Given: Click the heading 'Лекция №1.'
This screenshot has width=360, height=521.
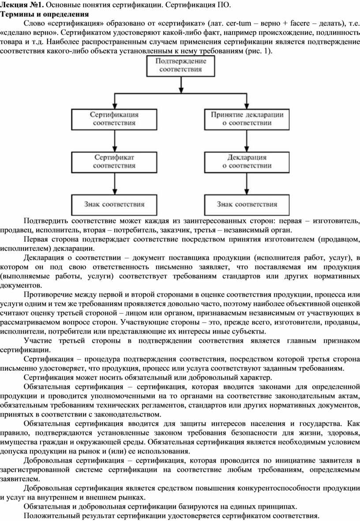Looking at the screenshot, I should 22,5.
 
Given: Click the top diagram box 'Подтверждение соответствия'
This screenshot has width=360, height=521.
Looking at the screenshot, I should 180,66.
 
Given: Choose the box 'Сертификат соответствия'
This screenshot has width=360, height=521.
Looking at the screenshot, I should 114,161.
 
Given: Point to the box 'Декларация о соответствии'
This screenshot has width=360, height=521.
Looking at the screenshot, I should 247,161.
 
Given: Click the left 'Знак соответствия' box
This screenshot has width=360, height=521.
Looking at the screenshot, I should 114,205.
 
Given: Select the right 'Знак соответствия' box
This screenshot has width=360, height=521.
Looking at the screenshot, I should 247,205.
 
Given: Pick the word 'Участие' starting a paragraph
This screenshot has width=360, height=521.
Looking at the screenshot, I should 38,341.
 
